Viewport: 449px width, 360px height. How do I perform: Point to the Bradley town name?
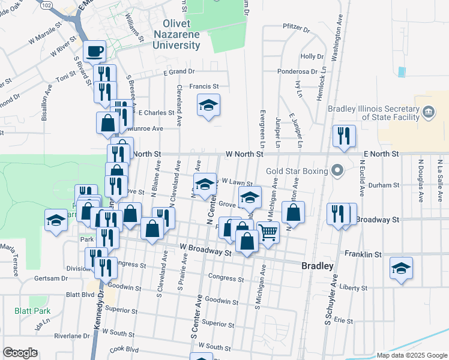(x=317, y=266)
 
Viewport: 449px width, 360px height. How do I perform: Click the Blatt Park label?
(x=32, y=311)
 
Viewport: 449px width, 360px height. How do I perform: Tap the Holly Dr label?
(x=312, y=56)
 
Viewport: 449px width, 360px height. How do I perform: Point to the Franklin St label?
(x=363, y=254)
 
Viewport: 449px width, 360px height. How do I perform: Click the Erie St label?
(x=344, y=321)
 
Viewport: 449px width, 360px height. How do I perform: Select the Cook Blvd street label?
(x=124, y=349)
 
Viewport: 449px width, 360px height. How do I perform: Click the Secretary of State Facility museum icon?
(x=429, y=111)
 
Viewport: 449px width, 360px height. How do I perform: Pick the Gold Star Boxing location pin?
(x=337, y=172)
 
